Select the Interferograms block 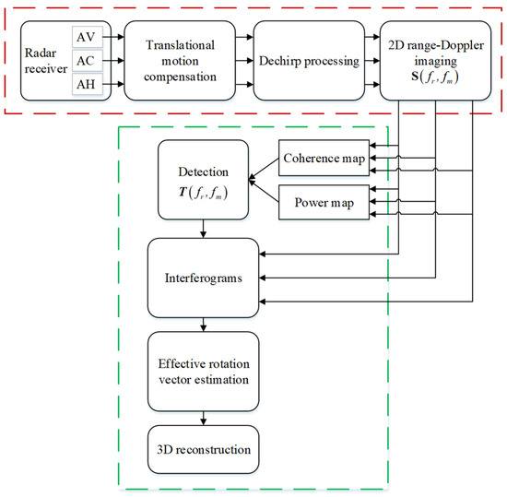[x=204, y=275]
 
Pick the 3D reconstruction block [x=204, y=448]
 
